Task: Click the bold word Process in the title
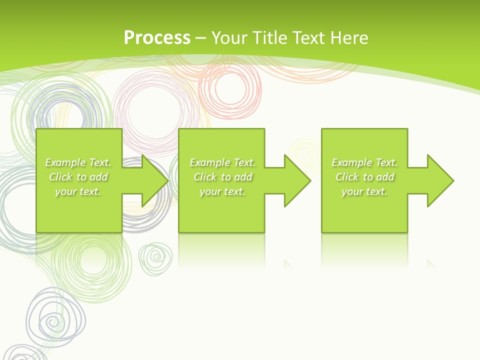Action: click(x=157, y=38)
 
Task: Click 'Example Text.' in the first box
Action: click(x=78, y=162)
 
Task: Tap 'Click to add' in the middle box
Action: click(x=222, y=177)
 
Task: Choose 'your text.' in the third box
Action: click(x=364, y=191)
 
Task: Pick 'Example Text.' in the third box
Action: click(x=364, y=162)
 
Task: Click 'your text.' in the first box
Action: click(x=78, y=191)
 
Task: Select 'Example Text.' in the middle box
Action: click(x=222, y=162)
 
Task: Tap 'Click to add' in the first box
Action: click(x=78, y=177)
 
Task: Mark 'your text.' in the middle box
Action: click(x=222, y=191)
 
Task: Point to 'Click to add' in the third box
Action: click(x=364, y=177)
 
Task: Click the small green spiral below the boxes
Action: click(x=156, y=258)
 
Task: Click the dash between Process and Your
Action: click(x=201, y=38)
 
